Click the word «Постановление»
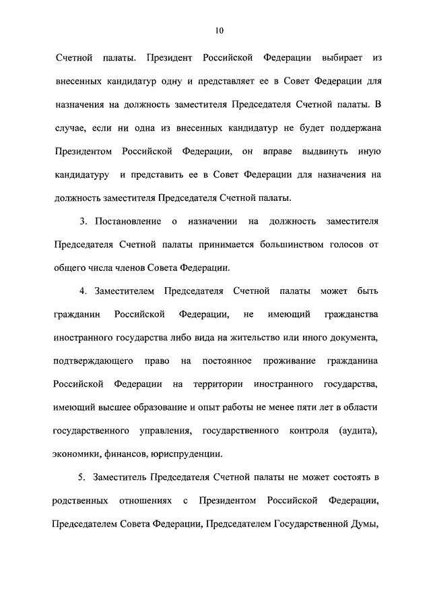(x=127, y=221)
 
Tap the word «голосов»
(x=347, y=244)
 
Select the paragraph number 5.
(x=81, y=477)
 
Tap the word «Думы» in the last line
(x=362, y=523)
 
